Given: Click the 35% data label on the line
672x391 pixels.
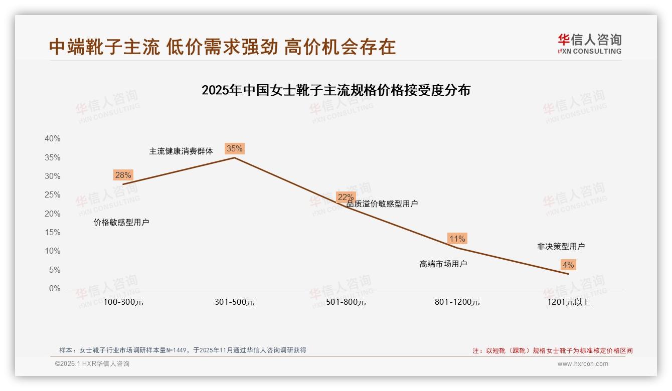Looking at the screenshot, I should click(x=235, y=148).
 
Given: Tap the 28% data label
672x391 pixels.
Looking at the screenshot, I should click(x=123, y=175).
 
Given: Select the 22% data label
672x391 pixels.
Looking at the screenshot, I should click(x=346, y=197).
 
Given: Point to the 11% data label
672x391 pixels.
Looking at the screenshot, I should click(x=457, y=239).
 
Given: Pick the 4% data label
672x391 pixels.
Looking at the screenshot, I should click(x=568, y=265).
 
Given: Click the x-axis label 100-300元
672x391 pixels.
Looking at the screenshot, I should click(x=123, y=302).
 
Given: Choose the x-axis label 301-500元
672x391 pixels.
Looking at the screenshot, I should click(x=235, y=302).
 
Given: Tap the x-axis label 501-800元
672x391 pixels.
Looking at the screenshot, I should click(x=346, y=302).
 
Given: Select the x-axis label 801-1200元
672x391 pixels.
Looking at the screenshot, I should click(x=457, y=302).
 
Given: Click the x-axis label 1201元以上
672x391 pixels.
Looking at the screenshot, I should click(x=569, y=302).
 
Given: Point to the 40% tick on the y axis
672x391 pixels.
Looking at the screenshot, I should click(x=53, y=139).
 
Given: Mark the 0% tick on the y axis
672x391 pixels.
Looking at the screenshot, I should click(x=55, y=289).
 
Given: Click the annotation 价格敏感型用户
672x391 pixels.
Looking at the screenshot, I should click(x=121, y=222).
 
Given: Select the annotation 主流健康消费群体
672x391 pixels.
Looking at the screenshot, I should click(x=181, y=151).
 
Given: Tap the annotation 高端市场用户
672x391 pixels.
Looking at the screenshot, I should click(x=443, y=264).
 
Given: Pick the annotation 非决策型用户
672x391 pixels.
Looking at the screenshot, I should click(x=561, y=246).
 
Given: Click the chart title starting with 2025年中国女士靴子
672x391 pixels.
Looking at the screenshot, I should click(x=335, y=90).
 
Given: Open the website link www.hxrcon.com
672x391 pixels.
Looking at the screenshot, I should click(x=583, y=364).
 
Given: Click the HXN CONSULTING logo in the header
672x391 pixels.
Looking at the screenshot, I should click(x=589, y=44).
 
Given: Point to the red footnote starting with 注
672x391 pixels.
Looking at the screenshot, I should click(x=552, y=351).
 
